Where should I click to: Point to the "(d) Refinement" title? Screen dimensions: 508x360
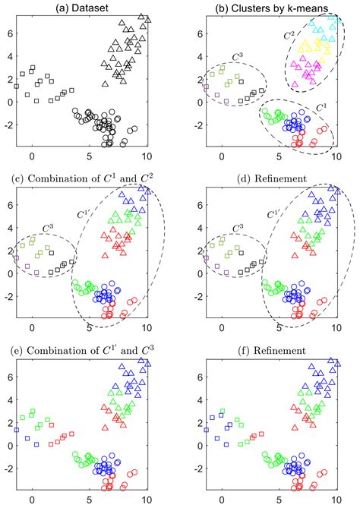pos(272,178)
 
